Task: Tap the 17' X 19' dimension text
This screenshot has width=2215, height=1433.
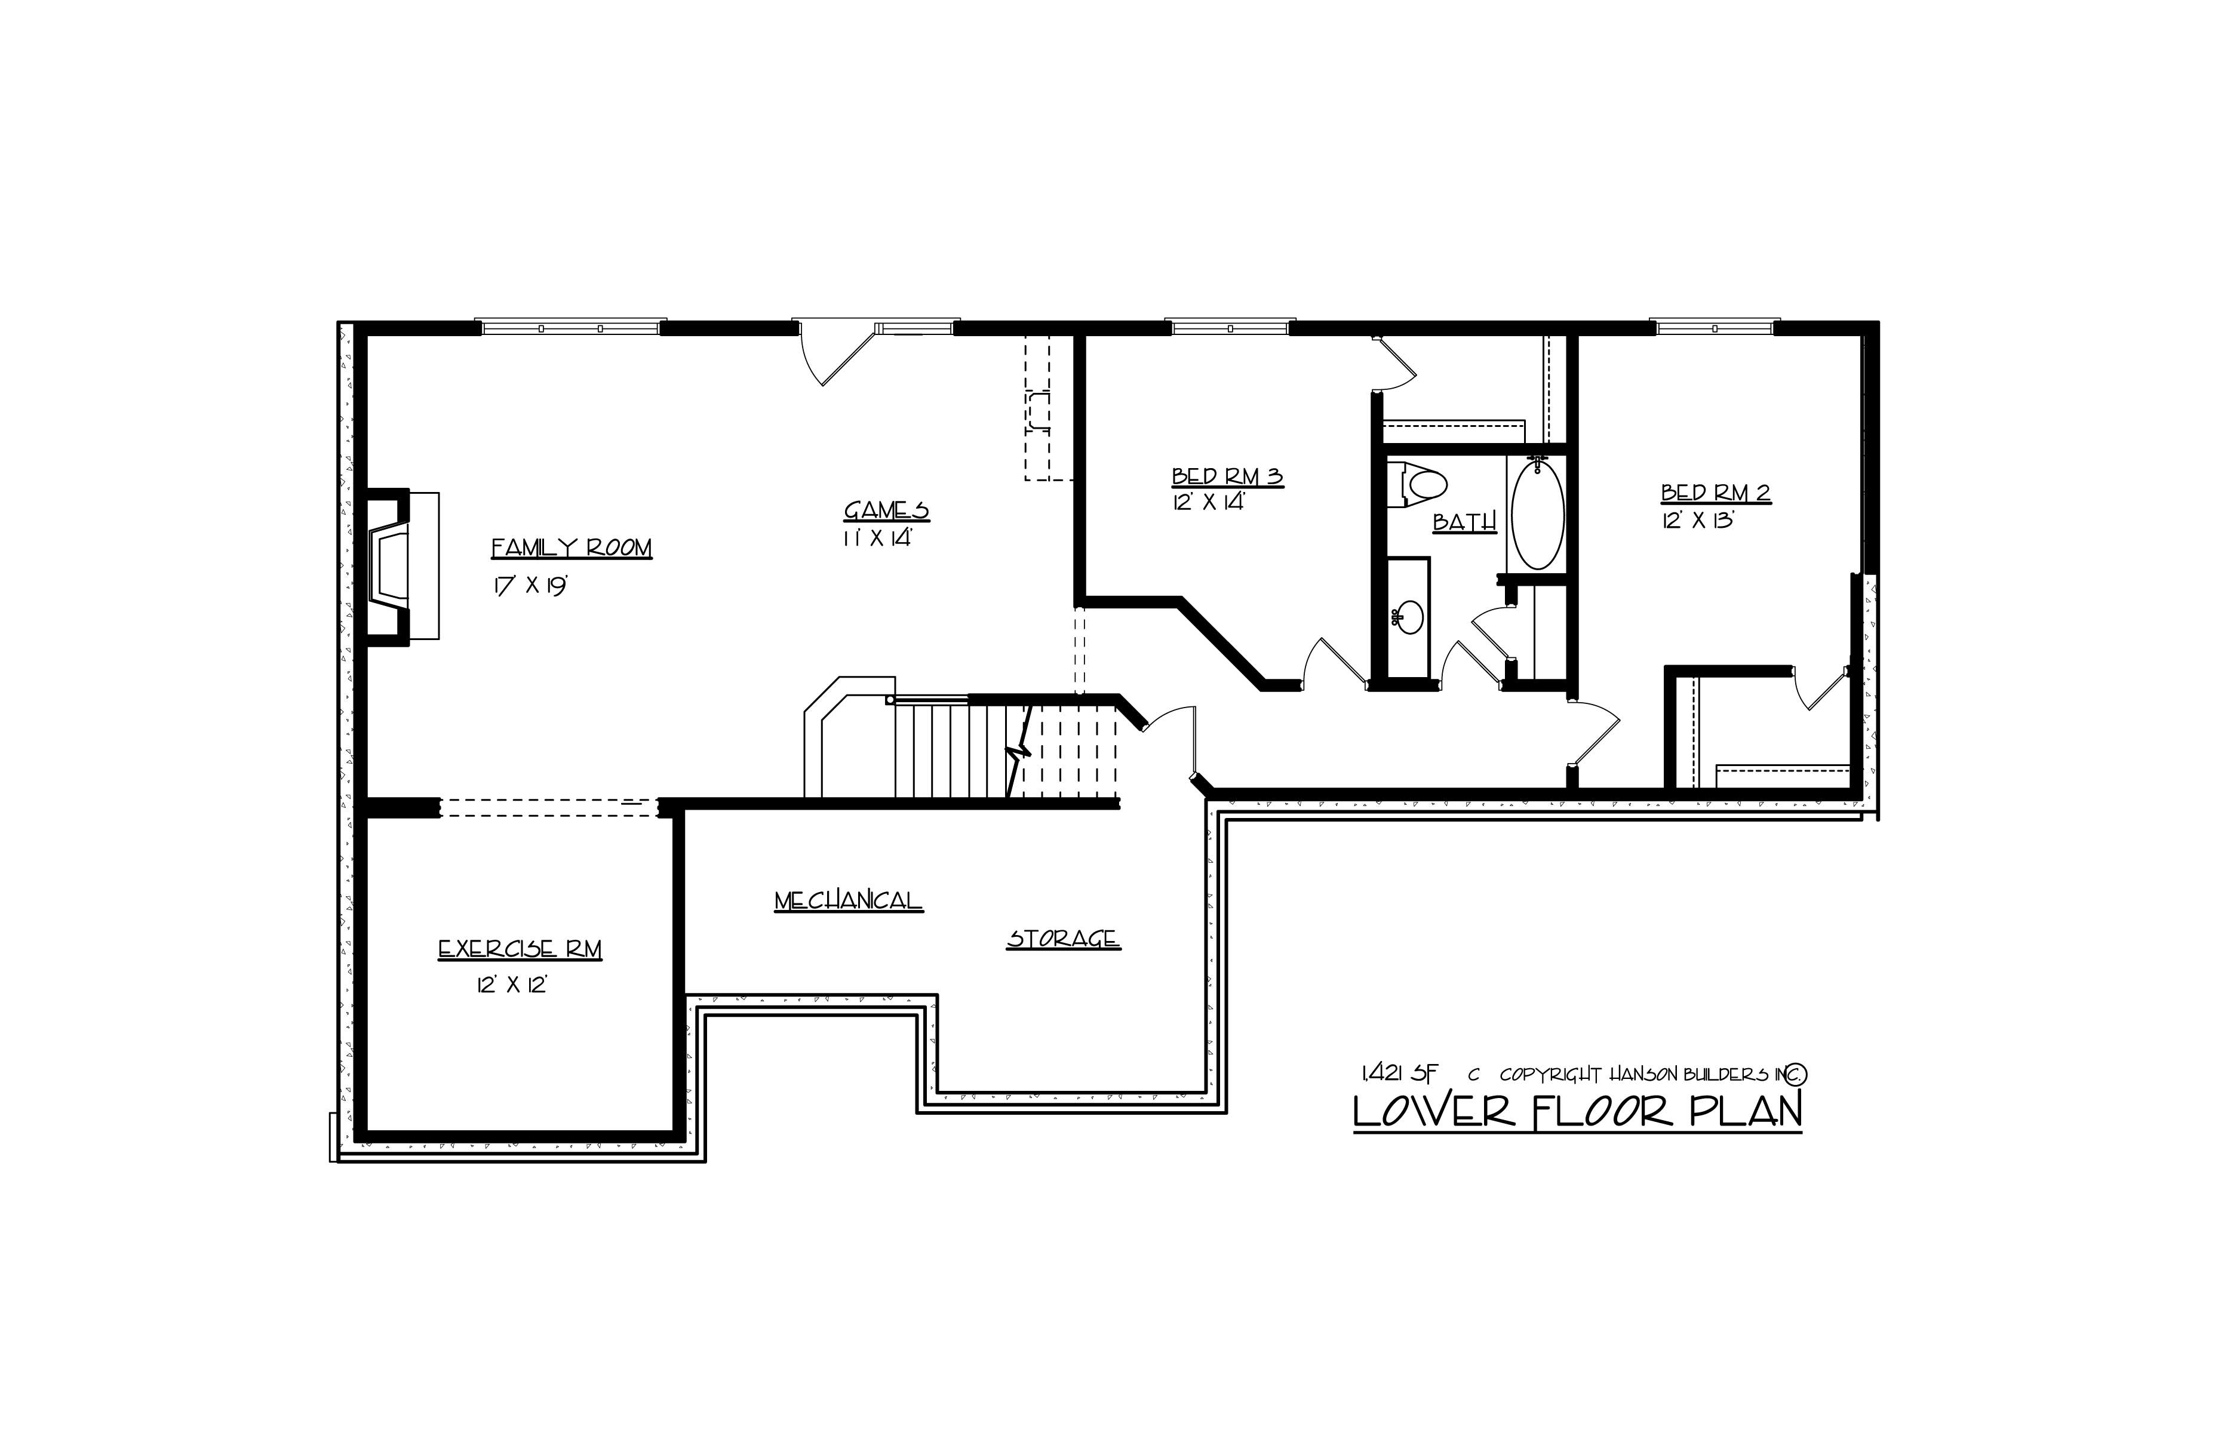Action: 530,586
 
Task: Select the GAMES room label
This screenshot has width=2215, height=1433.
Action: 886,511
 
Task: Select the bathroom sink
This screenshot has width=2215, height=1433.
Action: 1409,617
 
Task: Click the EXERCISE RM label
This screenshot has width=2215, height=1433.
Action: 520,950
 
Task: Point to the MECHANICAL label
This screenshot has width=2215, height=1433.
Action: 848,901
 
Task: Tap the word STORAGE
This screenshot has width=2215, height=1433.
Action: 1063,939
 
